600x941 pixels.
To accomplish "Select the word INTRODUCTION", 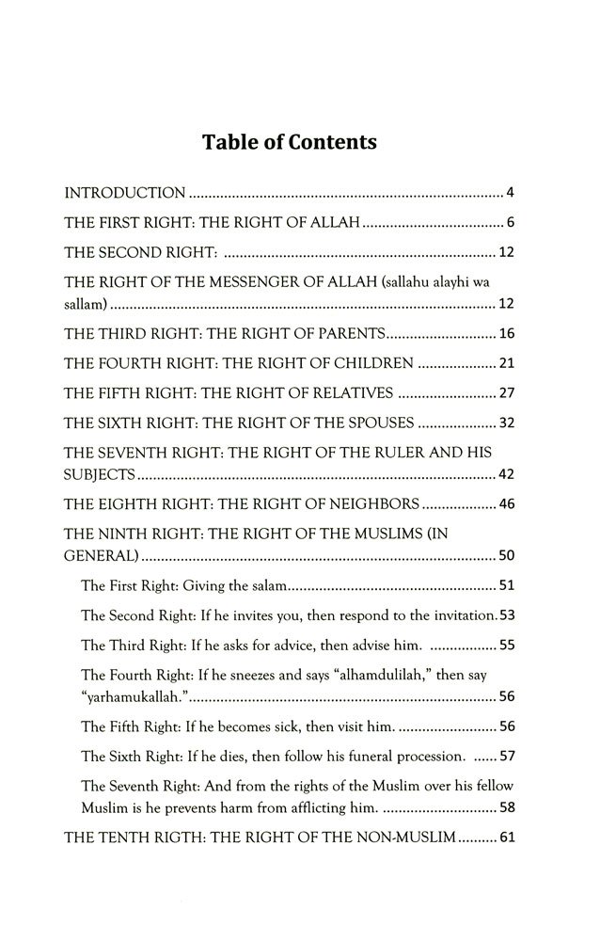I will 124,195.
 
